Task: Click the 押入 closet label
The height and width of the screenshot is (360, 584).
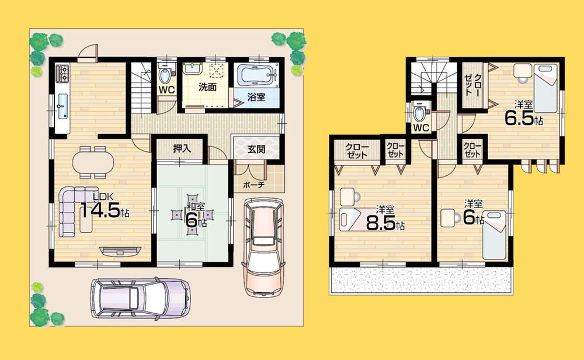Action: coord(182,149)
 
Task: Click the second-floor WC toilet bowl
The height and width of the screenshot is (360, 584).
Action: coord(419,110)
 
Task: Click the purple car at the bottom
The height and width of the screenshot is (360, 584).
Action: coord(140,298)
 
